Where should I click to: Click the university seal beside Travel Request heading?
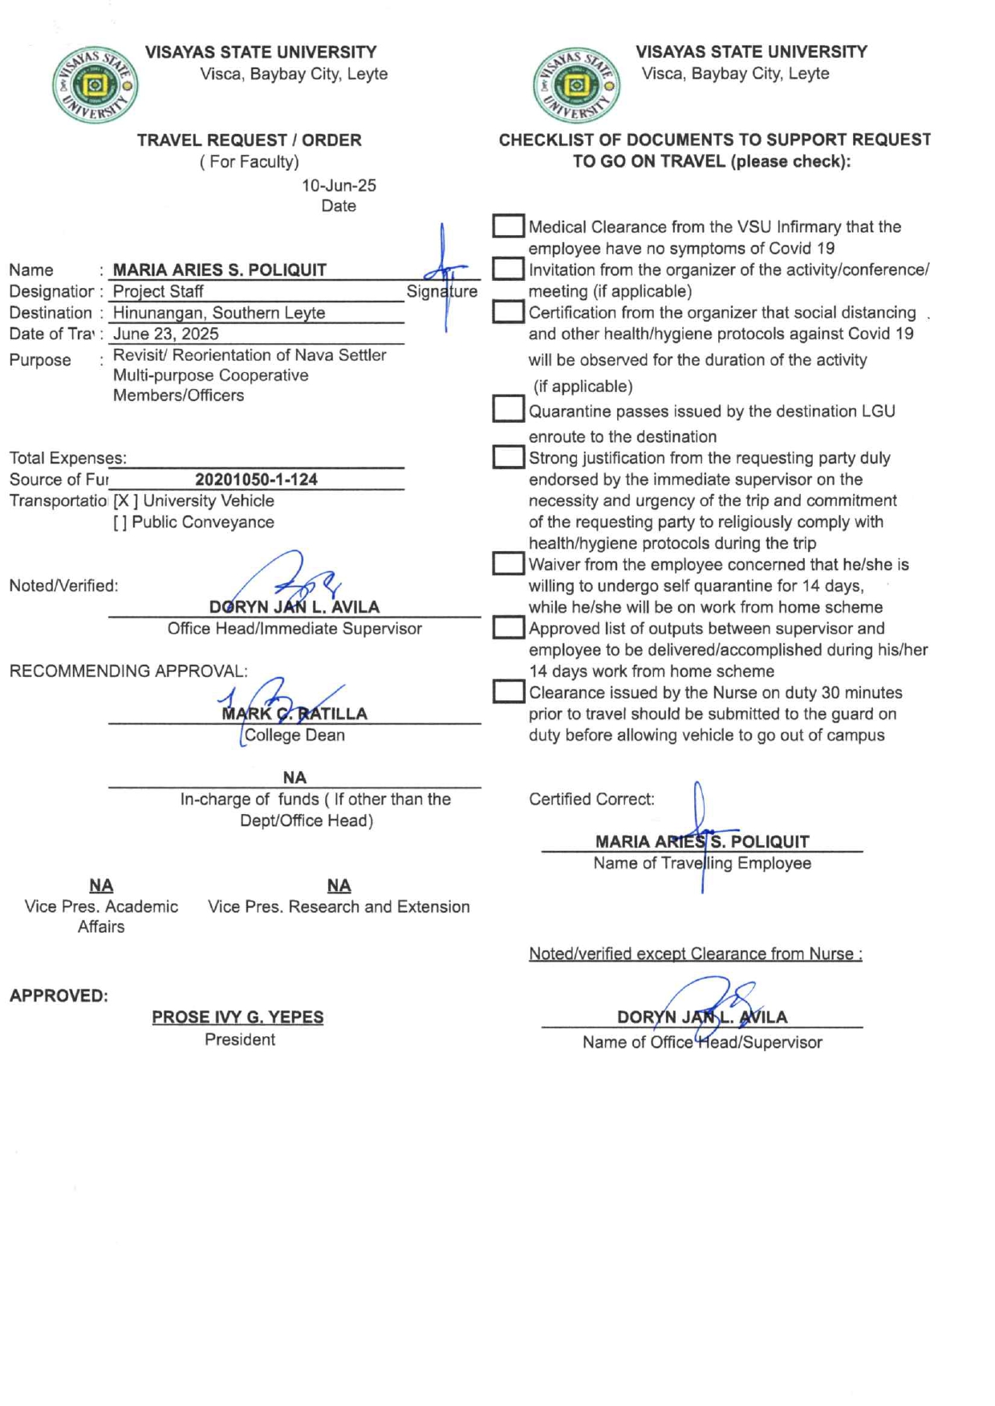click(95, 85)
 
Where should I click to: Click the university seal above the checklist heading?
click(575, 85)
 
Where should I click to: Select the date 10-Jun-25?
click(339, 185)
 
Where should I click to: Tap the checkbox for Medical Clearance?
click(508, 226)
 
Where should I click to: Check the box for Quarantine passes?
click(508, 409)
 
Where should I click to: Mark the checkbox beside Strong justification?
click(508, 457)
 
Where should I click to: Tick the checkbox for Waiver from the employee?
click(508, 563)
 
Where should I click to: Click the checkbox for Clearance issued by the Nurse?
click(508, 691)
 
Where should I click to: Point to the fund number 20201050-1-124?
click(256, 480)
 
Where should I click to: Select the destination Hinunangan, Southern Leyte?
click(219, 313)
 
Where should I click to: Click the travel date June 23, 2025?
click(165, 334)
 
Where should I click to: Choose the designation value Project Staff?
click(158, 291)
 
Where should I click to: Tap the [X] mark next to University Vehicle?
click(125, 501)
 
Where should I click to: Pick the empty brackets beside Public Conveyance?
click(120, 522)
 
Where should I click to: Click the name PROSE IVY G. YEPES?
click(238, 1017)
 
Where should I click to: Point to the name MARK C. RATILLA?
click(294, 713)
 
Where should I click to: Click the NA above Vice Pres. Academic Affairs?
click(101, 885)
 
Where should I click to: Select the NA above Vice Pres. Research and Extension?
click(339, 885)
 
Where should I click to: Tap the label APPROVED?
click(59, 995)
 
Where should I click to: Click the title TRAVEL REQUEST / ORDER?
click(249, 140)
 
